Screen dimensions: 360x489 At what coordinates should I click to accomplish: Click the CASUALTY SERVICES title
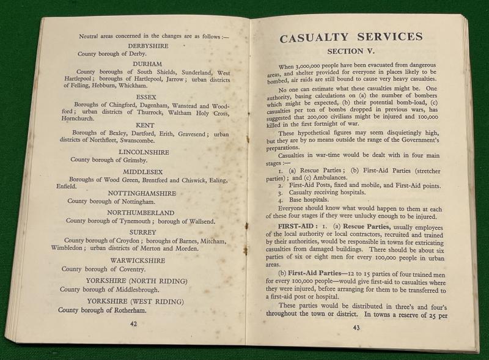[x=351, y=38]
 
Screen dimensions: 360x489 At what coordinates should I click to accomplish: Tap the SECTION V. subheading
[x=354, y=51]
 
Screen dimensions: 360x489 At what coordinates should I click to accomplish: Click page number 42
[x=133, y=325]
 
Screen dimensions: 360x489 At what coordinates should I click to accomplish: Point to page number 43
[x=356, y=328]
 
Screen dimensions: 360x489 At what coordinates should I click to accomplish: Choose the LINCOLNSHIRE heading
[x=145, y=152]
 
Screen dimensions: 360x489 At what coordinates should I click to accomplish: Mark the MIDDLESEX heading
[x=145, y=171]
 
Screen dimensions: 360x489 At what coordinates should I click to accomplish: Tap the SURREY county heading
[x=142, y=232]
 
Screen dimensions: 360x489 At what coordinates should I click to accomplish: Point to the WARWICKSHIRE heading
[x=138, y=260]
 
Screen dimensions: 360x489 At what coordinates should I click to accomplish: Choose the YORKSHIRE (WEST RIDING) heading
[x=135, y=301]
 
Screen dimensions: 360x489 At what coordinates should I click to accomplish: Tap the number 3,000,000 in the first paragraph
[x=312, y=66]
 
